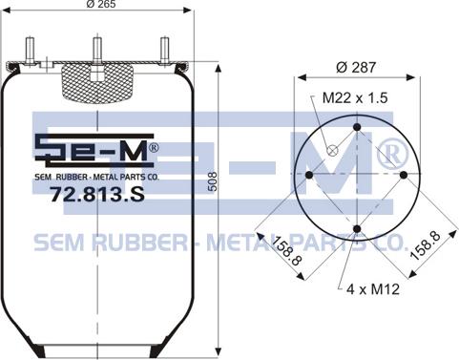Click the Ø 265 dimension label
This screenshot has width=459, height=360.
click(x=101, y=4)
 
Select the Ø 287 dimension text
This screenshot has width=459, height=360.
click(x=356, y=67)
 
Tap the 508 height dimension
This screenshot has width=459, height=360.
click(x=212, y=181)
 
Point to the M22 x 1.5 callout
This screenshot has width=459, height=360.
click(x=355, y=97)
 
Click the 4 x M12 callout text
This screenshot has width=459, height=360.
click(x=373, y=289)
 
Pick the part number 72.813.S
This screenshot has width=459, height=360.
click(x=97, y=194)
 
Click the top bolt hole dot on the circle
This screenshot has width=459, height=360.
click(x=357, y=127)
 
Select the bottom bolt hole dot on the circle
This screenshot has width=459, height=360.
click(x=357, y=229)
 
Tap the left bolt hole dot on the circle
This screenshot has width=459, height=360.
click(x=309, y=175)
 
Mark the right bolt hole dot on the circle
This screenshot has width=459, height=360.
click(x=404, y=175)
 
